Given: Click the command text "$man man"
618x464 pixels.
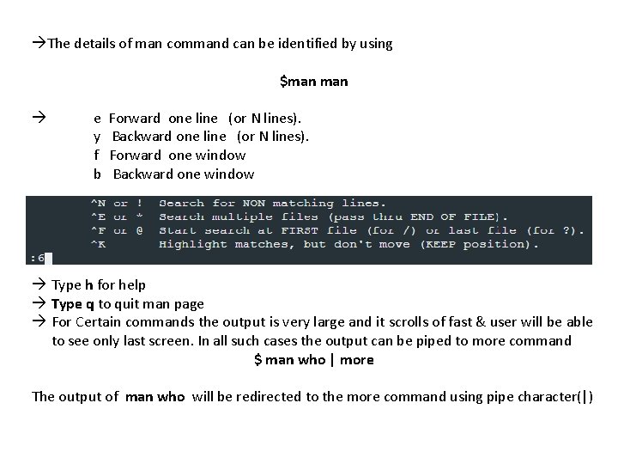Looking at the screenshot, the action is (x=313, y=82).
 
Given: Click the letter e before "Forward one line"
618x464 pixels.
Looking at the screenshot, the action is (x=97, y=118).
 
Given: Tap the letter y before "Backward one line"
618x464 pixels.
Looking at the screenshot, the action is (x=97, y=137).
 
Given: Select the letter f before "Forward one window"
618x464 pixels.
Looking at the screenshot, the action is (x=97, y=156).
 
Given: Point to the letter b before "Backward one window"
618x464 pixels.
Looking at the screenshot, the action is (x=97, y=174).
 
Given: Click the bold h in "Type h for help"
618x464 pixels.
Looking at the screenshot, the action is (x=89, y=285).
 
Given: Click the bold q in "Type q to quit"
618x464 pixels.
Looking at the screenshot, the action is (x=90, y=304).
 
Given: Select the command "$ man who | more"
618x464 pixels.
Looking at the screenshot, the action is (x=313, y=360).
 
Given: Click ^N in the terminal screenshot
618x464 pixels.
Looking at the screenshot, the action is (x=98, y=204).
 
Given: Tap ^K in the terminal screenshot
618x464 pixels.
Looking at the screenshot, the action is (x=98, y=244).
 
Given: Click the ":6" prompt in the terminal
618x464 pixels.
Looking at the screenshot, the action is (x=38, y=258).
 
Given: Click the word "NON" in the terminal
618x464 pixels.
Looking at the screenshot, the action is (x=252, y=204).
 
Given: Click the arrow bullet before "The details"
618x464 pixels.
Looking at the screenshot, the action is (x=39, y=43).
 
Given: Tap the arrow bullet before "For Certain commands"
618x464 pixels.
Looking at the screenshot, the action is (x=39, y=322).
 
